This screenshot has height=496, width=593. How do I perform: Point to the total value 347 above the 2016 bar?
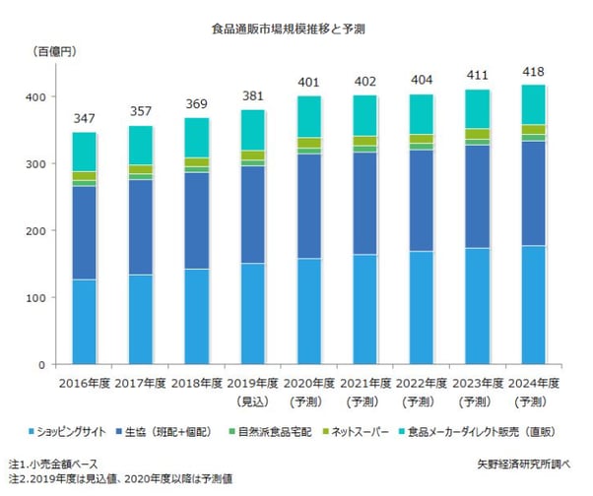point(86,118)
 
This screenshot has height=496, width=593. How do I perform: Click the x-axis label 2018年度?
point(198,383)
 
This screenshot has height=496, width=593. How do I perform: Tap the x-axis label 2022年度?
point(423,383)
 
